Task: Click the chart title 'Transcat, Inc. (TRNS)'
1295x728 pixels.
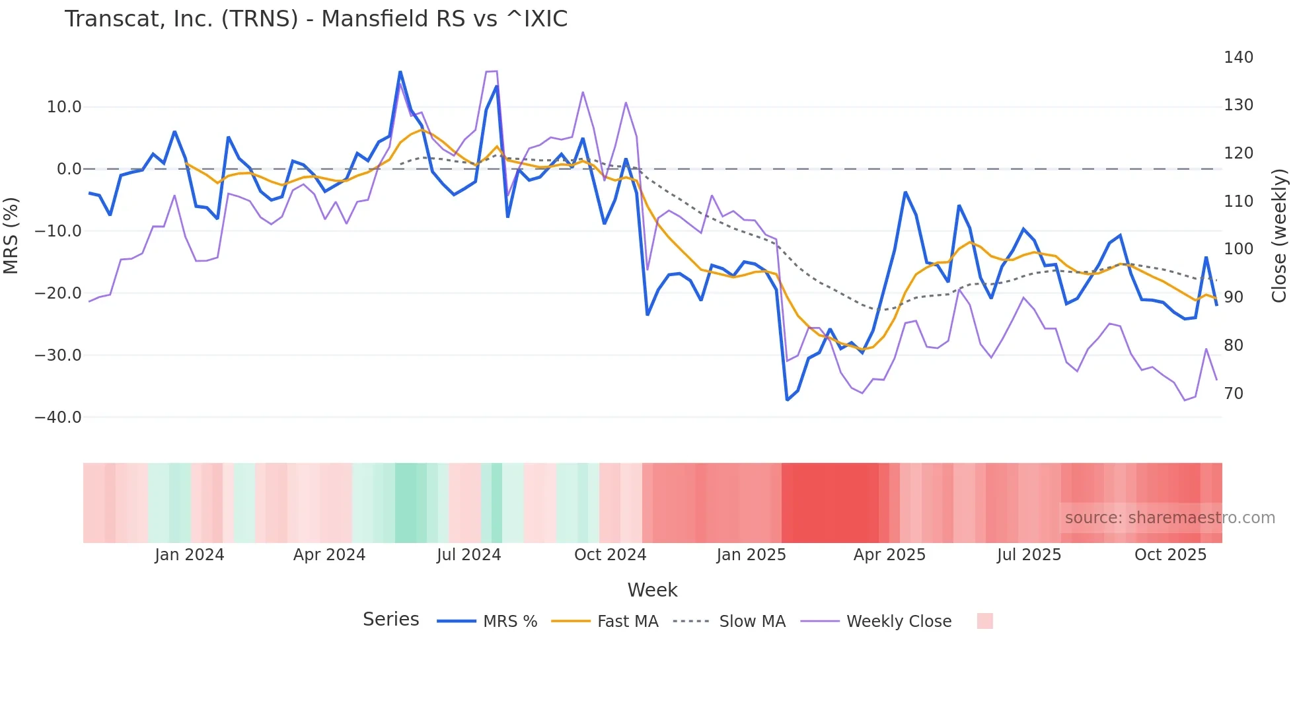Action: coord(316,19)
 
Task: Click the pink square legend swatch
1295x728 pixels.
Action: coord(984,621)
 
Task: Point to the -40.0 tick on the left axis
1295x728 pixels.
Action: coord(58,418)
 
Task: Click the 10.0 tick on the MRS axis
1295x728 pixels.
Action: coord(64,107)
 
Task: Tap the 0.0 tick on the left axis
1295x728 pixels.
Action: coord(69,169)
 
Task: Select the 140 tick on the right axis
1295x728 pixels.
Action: coord(1238,57)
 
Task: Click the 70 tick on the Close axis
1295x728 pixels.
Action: coord(1234,394)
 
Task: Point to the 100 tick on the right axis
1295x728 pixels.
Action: coord(1238,249)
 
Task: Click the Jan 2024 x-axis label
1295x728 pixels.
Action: coord(190,555)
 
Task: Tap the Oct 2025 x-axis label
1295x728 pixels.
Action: coord(1170,555)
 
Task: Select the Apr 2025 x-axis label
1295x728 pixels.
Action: coord(889,555)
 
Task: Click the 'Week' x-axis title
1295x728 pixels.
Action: coord(652,590)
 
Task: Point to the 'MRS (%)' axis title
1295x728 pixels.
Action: coord(11,236)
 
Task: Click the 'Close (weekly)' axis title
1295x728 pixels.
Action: coord(1279,236)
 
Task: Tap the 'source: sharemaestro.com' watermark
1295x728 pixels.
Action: coord(1169,518)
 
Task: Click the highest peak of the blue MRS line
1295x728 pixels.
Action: coord(400,72)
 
